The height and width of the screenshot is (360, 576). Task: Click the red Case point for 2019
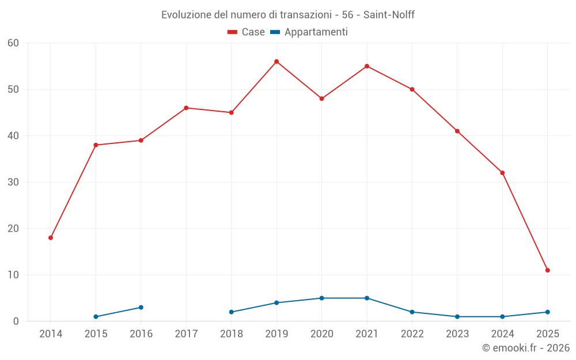tap(276, 62)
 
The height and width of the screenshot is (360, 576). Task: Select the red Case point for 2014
tap(51, 238)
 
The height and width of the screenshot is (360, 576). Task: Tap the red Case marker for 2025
tap(547, 270)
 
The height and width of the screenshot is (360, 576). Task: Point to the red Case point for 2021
tap(367, 66)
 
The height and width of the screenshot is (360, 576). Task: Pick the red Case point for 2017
tap(186, 108)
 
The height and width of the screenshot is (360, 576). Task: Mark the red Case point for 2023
tap(457, 131)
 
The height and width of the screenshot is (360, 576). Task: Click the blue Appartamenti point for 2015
tap(96, 317)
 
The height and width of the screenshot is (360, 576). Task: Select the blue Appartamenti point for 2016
tap(141, 308)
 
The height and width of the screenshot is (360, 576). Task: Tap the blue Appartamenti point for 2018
tap(232, 312)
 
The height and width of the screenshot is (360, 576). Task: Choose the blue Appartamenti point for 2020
tap(321, 298)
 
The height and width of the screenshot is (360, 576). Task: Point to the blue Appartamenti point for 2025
tap(547, 312)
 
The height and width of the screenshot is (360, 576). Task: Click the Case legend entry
tap(247, 32)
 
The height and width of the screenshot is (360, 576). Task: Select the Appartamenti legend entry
tap(309, 32)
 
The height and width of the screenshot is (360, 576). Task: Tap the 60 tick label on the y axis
tap(13, 43)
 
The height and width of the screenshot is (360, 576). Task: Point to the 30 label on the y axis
tap(13, 183)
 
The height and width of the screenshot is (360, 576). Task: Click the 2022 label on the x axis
tap(412, 334)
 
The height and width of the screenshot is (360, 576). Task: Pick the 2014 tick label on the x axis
tap(51, 334)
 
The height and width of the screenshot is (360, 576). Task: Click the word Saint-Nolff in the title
tap(389, 15)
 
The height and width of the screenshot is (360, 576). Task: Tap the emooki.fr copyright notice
tap(525, 348)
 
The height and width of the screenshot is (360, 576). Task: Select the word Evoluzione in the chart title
tap(185, 15)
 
